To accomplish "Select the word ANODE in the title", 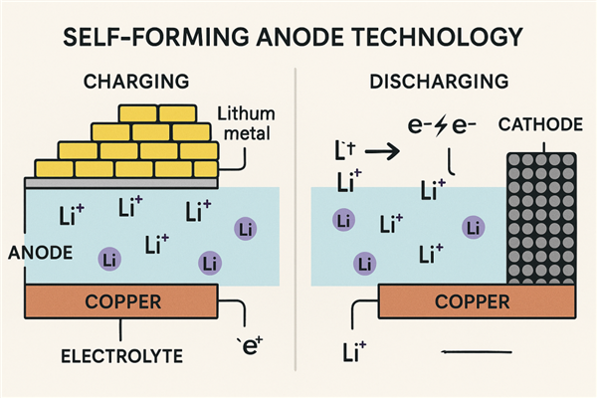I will coord(281,38).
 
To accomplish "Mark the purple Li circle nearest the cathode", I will coord(473,228).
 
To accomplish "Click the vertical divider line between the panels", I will coord(298,229).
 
